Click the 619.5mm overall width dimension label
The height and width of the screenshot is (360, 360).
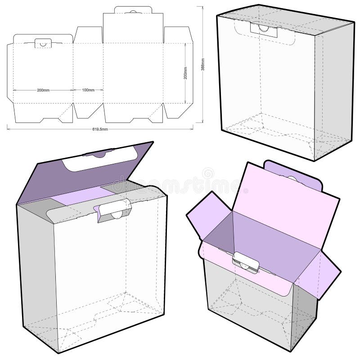coord(100,129)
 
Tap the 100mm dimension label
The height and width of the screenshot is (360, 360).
coord(88,90)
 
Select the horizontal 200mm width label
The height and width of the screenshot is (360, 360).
coord(43,90)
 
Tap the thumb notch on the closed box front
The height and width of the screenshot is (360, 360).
coord(261,28)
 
